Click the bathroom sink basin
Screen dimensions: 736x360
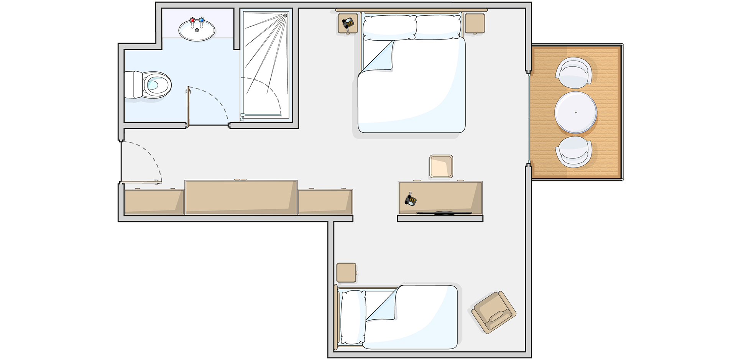(x=197, y=31)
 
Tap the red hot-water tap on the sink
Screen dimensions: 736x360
(x=192, y=20)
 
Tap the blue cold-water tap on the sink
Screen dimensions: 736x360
(x=201, y=20)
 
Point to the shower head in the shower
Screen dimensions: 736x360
(x=285, y=16)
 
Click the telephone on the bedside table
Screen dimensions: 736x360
(x=348, y=23)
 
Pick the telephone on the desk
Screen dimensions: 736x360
(x=411, y=200)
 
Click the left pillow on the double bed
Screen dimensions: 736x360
(x=389, y=27)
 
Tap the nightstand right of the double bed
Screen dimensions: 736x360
(x=475, y=23)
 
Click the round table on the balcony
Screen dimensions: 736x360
(x=575, y=112)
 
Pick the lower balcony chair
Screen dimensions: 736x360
(x=574, y=152)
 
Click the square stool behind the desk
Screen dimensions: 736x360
(x=441, y=166)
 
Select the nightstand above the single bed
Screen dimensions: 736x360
(x=346, y=273)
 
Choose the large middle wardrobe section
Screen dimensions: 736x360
(x=241, y=197)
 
